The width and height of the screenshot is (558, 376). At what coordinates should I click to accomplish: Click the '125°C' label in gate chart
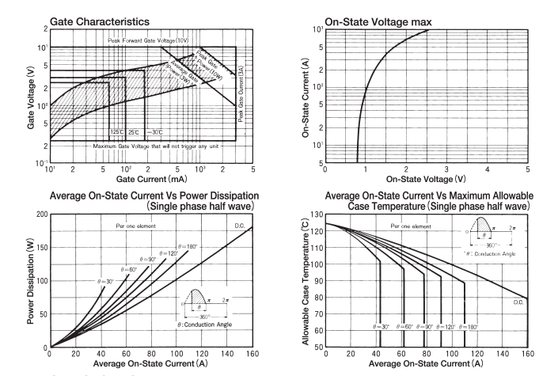coord(116,131)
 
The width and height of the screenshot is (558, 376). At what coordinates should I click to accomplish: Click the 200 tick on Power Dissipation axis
coord(40,215)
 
